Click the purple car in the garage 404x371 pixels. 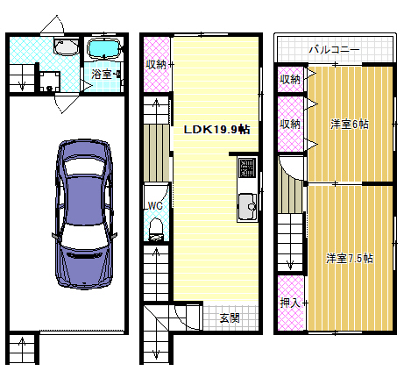(84, 214)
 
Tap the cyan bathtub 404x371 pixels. (104, 48)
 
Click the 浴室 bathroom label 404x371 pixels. (102, 75)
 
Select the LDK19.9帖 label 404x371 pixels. (216, 129)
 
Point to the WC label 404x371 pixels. (155, 206)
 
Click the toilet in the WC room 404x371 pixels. (156, 230)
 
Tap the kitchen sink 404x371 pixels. (248, 207)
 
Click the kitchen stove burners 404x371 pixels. (247, 168)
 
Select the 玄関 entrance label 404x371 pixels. (230, 317)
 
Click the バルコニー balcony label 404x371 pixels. (334, 49)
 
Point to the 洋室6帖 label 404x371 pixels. (350, 125)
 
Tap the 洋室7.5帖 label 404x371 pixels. (350, 259)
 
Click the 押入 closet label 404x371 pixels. (290, 303)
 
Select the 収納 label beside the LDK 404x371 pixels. (156, 64)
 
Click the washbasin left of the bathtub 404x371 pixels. (67, 46)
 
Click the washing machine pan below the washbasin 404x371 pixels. (50, 82)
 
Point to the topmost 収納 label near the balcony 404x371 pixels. (290, 79)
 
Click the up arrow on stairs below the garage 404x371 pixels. (22, 348)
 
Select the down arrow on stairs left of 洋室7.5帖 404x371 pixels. (290, 260)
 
